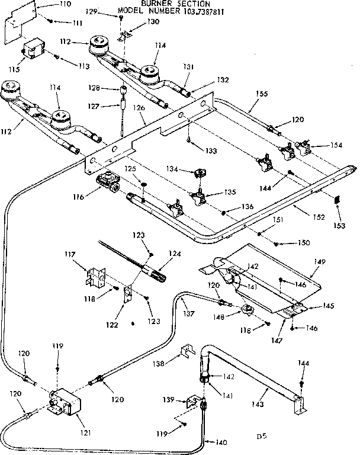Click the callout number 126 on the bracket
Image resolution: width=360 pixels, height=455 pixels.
[x=139, y=108]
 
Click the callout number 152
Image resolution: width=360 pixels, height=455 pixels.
[x=319, y=217]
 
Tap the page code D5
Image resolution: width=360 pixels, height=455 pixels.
[x=261, y=437]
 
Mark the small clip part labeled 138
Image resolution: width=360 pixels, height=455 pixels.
[x=186, y=352]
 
